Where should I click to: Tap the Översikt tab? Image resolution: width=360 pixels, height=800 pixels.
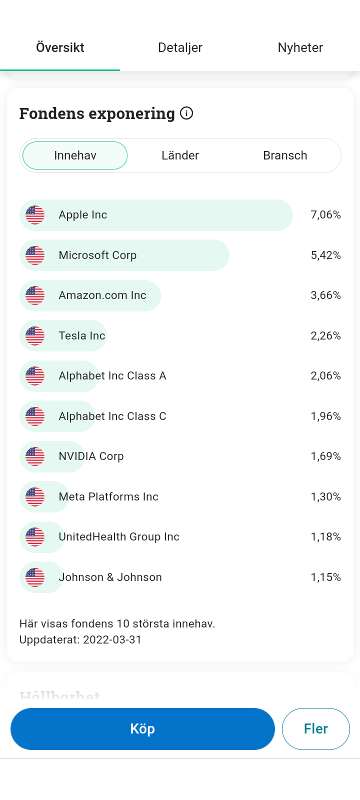coord(60,48)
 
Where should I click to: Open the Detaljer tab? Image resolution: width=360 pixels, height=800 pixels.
coord(180,48)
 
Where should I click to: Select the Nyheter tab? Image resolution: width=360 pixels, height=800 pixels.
coord(300,48)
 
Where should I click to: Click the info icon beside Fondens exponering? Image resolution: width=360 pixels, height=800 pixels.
coord(186,113)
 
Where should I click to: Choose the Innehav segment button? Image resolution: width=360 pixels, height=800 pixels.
coord(75,155)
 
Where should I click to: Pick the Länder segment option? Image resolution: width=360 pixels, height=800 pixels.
coord(180,155)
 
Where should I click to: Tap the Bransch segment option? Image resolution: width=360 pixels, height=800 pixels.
coord(285,155)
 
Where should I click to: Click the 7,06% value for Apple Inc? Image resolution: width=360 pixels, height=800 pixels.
coord(325,215)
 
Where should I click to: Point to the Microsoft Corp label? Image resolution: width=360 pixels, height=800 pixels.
coord(97,255)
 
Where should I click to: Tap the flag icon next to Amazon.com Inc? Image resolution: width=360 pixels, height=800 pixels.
coord(35,295)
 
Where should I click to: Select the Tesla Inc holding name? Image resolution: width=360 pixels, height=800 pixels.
coord(82,335)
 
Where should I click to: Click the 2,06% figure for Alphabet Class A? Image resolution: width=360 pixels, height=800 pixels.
coord(325,376)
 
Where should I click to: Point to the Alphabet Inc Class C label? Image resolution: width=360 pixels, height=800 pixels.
coord(112,416)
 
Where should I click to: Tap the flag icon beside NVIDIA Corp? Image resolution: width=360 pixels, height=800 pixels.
coord(35,456)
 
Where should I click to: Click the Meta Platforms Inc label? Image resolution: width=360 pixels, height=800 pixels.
coord(108,497)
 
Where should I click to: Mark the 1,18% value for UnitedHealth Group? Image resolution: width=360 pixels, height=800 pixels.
coord(325,537)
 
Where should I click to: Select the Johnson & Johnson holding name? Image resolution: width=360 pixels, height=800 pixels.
coord(110,577)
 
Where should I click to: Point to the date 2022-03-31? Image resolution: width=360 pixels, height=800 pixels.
coord(112,640)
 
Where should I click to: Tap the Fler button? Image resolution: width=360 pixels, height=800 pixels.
coord(315,729)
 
